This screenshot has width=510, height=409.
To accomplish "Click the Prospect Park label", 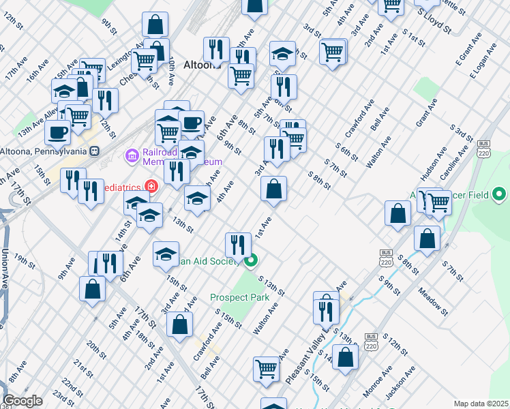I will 239,297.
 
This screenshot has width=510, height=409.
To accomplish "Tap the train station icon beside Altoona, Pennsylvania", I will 95,151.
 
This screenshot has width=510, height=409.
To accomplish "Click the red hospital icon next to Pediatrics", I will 150,186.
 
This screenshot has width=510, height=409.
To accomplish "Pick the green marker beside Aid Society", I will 251,260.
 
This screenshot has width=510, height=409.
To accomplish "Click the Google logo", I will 22,401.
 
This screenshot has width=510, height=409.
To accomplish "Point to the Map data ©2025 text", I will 481,404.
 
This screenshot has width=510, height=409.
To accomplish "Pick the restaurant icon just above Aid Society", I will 237,243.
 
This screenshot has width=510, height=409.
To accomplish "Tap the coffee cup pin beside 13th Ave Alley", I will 57,132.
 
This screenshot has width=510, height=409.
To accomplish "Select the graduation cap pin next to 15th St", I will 166,254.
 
